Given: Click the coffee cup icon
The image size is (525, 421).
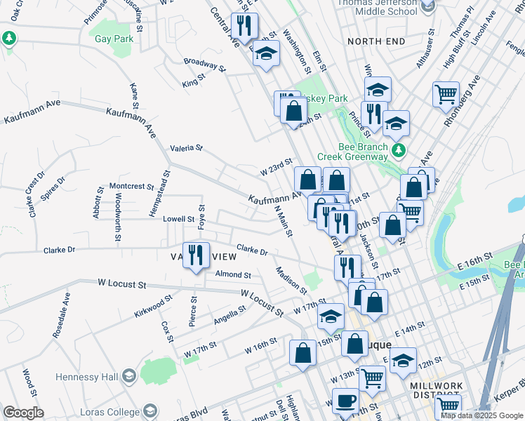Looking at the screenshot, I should tap(344, 401).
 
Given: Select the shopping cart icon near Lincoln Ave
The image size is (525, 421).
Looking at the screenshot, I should tap(446, 94).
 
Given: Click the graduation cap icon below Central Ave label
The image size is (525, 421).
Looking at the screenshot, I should tap(266, 53).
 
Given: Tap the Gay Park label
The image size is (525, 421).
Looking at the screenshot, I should tap(114, 39).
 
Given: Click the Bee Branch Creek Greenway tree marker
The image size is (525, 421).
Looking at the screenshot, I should tap(399, 150).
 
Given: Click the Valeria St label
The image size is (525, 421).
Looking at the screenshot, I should tap(186, 148).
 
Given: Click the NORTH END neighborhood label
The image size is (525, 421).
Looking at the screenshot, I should tap(376, 41).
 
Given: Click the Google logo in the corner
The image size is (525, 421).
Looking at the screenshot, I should tap(24, 412).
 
